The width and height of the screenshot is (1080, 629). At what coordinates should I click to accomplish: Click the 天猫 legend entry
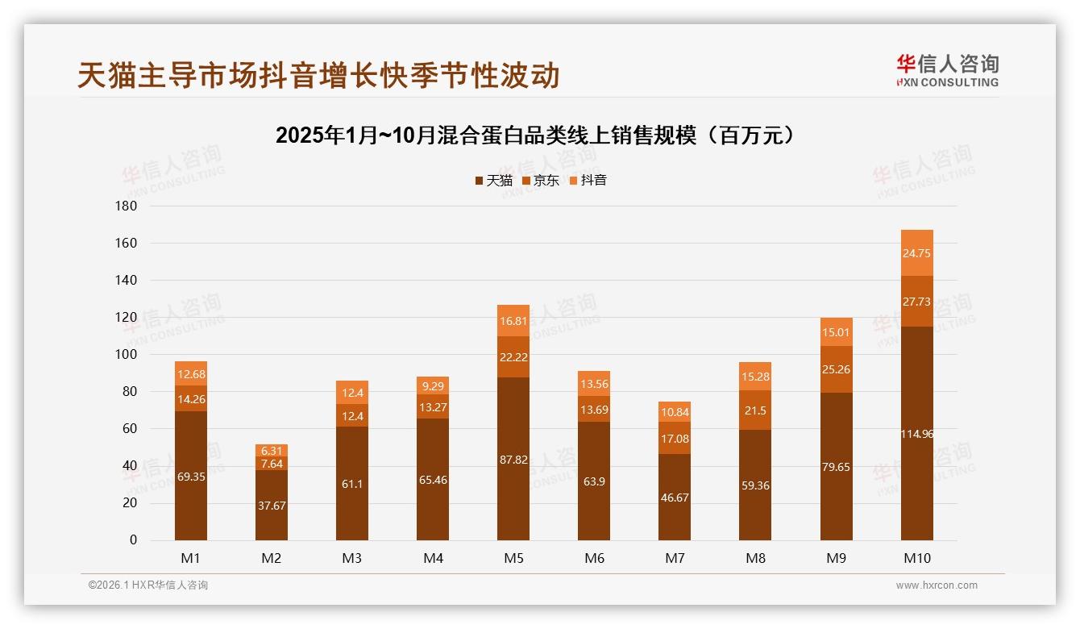493,181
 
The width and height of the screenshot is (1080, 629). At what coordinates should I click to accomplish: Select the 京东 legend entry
541,181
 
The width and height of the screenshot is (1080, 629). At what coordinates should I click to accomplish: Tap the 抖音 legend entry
588,181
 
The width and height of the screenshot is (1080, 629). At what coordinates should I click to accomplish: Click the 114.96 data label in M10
916,435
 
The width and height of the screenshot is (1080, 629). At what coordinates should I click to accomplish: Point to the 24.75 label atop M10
916,253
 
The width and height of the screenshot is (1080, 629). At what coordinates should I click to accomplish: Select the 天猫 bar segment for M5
513,458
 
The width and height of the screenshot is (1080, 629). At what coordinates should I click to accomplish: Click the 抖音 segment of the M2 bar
272,450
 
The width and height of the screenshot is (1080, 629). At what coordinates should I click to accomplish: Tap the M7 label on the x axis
675,558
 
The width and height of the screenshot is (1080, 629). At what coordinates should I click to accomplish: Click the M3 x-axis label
352,558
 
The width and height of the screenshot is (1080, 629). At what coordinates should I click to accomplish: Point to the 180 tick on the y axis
127,206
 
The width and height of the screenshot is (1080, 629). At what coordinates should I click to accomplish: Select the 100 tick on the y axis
127,355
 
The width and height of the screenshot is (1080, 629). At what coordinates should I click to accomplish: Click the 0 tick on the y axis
133,540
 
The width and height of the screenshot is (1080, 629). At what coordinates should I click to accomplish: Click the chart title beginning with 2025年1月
539,135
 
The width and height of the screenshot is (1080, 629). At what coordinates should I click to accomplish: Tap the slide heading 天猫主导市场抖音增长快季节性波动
318,76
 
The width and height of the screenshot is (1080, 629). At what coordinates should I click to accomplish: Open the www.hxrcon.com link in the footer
937,585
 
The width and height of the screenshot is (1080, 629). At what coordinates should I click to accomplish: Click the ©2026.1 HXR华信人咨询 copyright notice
148,585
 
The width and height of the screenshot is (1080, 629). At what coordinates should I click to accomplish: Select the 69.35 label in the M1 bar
191,477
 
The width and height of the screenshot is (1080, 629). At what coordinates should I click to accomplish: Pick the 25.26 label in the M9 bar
836,370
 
